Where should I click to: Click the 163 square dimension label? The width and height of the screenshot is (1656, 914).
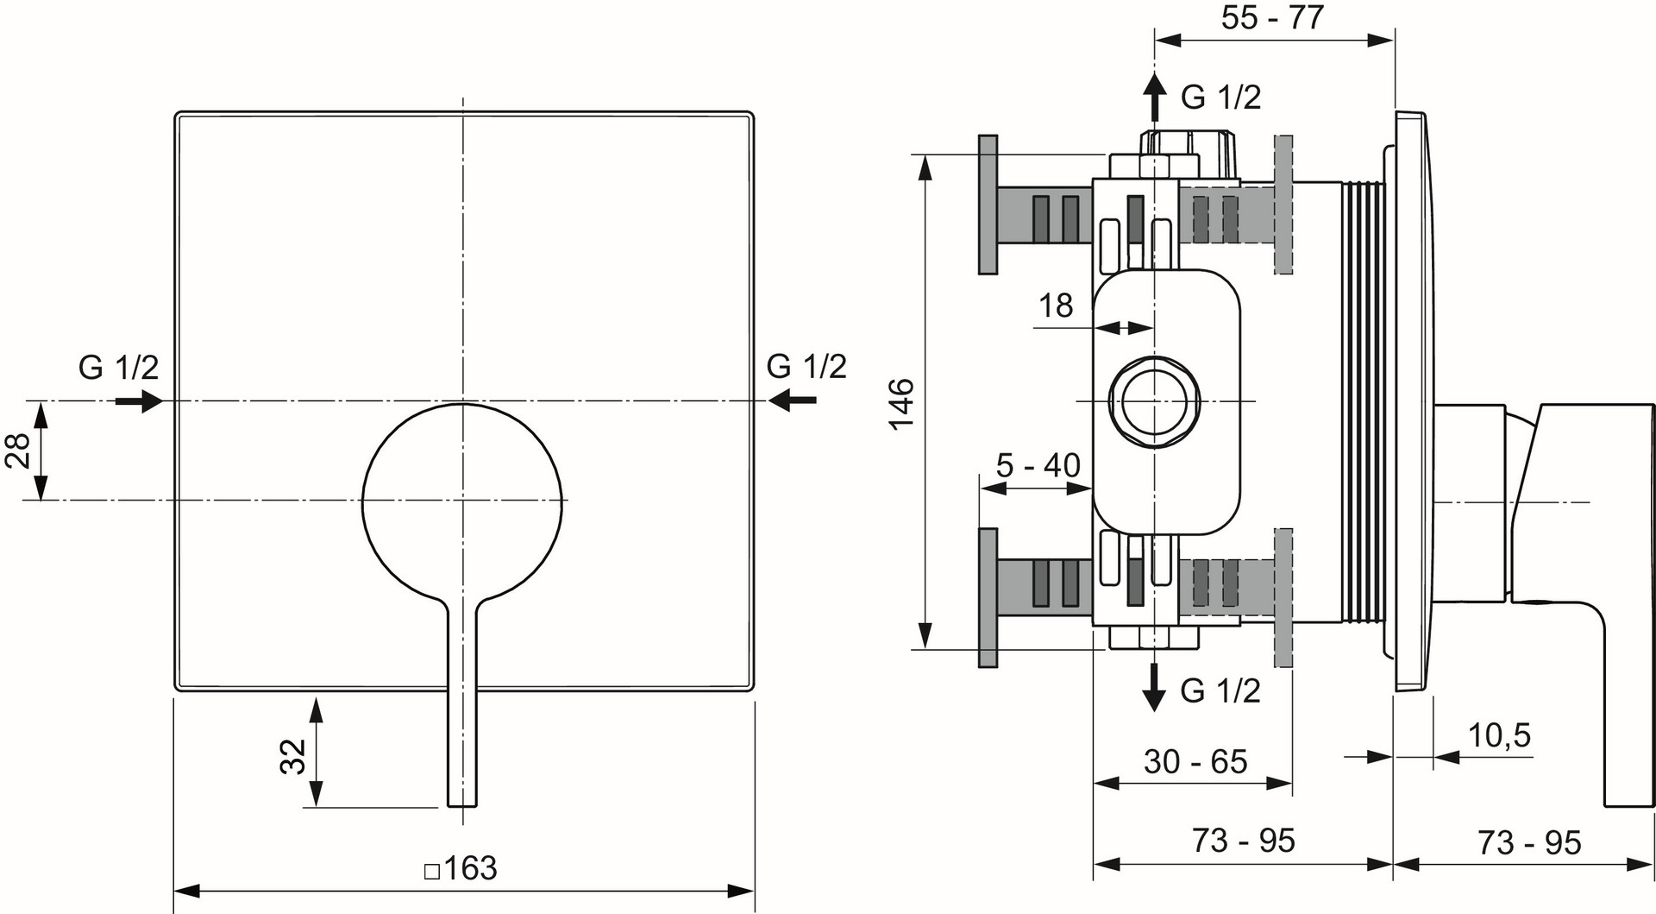point(461,867)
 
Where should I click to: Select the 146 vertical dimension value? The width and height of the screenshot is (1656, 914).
point(901,404)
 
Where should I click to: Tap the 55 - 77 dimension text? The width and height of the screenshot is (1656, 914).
point(1272,17)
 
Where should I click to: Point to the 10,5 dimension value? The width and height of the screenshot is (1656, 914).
point(1499,735)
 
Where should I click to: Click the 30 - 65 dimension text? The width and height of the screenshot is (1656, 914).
point(1195,761)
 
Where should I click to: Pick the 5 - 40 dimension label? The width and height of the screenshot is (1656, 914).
point(1038,465)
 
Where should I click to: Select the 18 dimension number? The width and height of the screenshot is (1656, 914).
point(1056,305)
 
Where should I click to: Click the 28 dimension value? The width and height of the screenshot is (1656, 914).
point(18,451)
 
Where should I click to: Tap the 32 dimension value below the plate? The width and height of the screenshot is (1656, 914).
point(293,756)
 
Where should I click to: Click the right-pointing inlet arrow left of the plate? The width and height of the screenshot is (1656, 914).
point(139,400)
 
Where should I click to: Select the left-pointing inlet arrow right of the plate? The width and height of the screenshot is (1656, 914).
point(793,400)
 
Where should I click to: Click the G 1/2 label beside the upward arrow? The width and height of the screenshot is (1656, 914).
point(1220,97)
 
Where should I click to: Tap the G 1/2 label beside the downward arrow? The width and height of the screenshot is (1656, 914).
point(1220,690)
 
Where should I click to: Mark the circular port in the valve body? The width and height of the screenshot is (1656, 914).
point(1153,401)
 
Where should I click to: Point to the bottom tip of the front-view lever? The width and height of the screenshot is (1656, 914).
point(462,806)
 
